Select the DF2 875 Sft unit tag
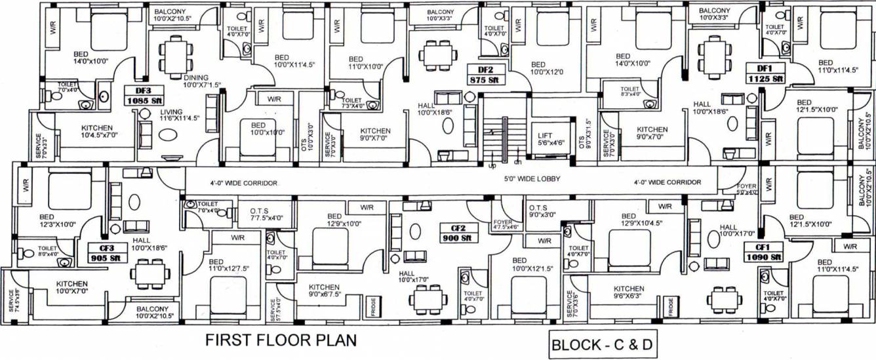(x=485, y=73)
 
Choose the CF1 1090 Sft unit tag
(x=762, y=252)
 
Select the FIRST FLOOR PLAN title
(x=281, y=341)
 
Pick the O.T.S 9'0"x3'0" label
(x=542, y=210)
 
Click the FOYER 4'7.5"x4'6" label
(x=506, y=224)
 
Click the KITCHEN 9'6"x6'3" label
(x=628, y=292)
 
